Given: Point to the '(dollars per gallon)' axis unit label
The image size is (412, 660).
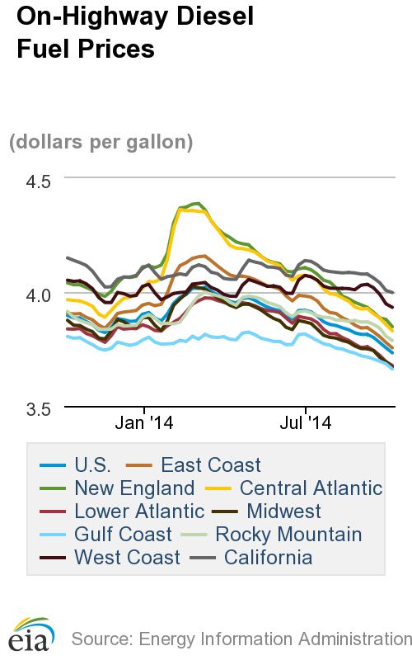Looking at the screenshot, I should click(101, 142).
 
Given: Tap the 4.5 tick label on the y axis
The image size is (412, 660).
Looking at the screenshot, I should click(35, 181).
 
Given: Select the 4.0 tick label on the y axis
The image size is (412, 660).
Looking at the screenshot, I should click(35, 295).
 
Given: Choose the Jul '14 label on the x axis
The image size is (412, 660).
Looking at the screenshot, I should click(306, 425).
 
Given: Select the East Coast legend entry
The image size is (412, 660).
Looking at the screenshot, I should click(211, 465).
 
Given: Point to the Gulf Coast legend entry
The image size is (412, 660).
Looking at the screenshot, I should click(123, 535).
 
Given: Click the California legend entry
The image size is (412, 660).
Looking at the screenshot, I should click(269, 558).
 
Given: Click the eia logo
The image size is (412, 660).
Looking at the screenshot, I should click(31, 635).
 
